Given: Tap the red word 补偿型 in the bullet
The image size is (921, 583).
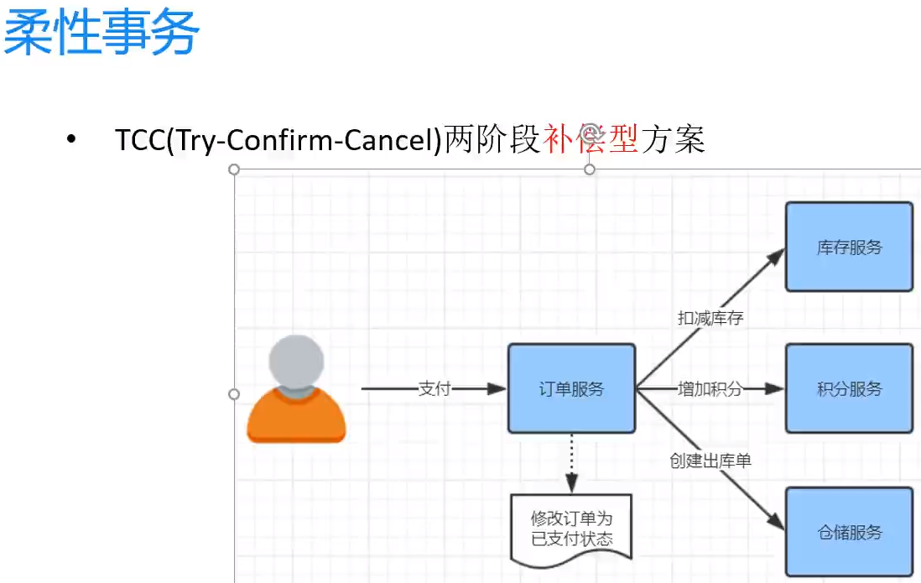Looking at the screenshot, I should point(591,139).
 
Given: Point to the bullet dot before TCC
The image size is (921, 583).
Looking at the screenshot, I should point(71,139).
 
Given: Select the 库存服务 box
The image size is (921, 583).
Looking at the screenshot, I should point(849,247).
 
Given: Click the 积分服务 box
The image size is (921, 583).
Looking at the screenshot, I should point(849,388).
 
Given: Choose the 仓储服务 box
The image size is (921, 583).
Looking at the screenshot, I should point(849,532).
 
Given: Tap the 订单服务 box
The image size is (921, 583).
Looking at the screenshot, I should point(571,388).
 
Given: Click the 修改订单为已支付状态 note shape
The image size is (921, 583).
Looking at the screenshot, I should point(571,528).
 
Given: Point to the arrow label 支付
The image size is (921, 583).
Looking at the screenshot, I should point(434,388).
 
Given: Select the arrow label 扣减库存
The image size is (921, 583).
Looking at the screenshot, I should point(710,318).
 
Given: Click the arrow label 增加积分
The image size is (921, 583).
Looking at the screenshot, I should point(710,388).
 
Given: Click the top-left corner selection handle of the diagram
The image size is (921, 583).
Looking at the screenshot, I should point(234,169).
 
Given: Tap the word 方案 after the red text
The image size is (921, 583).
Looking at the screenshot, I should point(673,139).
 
